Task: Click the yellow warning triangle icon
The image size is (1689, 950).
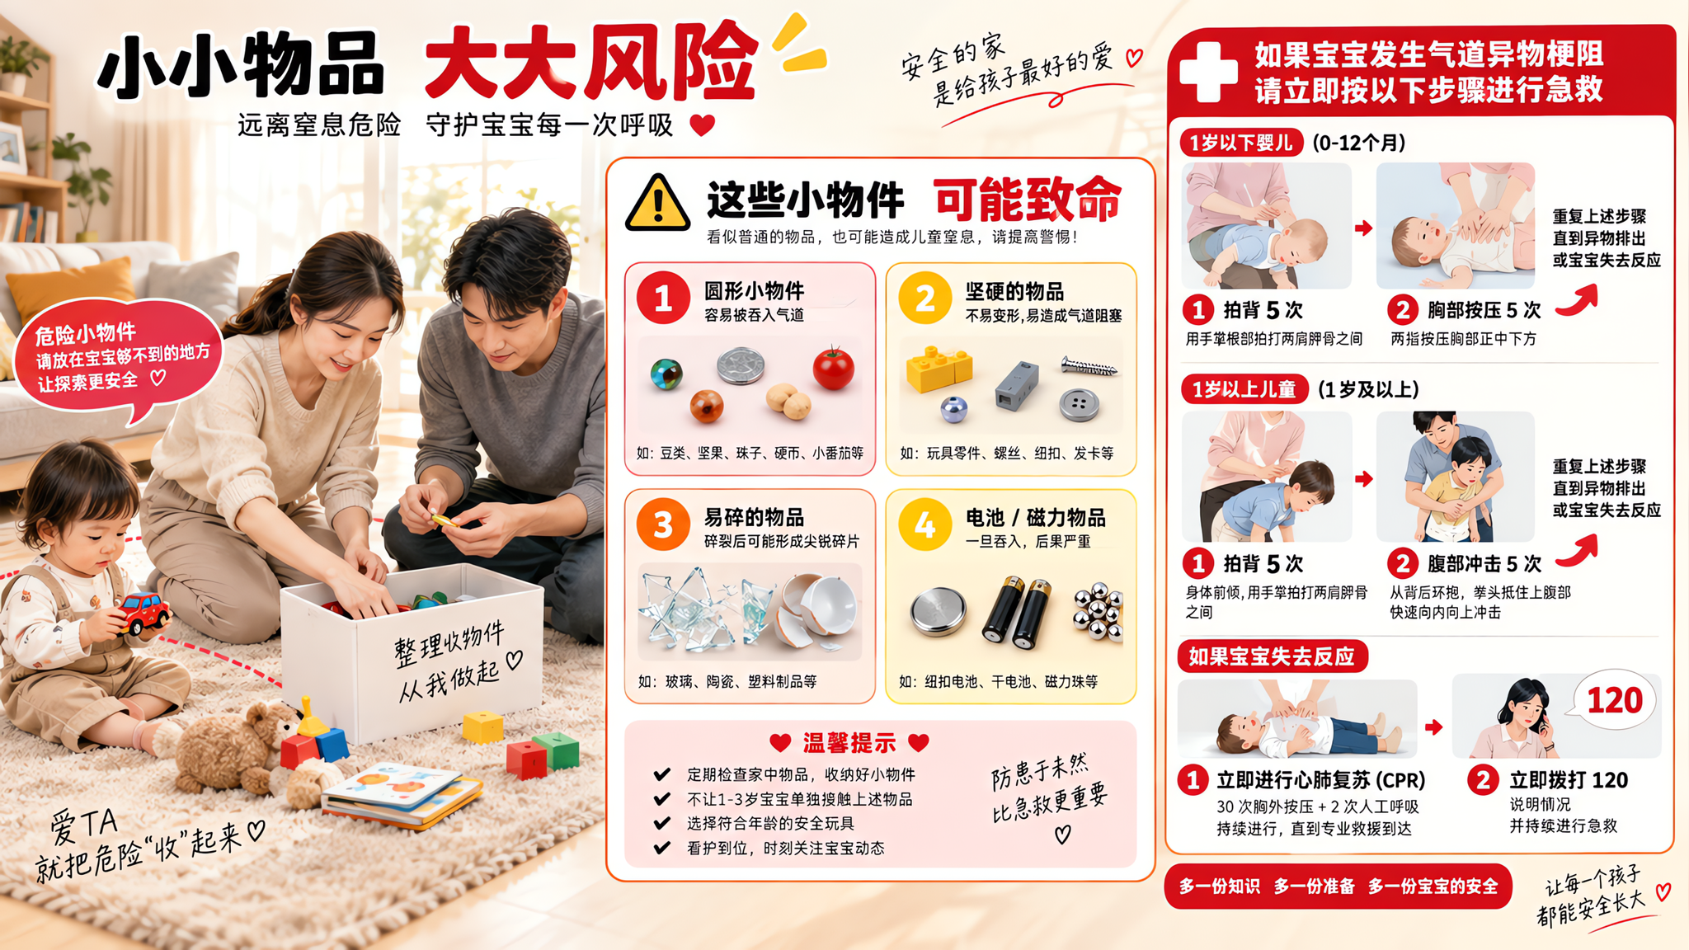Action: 657,203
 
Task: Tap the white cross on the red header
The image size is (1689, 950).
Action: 1208,71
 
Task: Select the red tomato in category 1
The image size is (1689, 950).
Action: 834,368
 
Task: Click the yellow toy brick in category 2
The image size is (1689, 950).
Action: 939,369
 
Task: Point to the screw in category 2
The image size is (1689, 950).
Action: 1089,366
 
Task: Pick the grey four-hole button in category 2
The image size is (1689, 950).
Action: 1080,404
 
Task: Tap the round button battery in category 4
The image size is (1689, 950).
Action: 938,612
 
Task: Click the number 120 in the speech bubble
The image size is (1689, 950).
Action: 1614,700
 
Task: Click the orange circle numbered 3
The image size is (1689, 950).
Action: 663,524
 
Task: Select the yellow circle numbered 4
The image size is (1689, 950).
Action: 924,524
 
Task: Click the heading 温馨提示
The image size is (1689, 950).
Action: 849,743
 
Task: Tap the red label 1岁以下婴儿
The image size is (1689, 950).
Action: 1240,143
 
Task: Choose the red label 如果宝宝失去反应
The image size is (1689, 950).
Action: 1272,656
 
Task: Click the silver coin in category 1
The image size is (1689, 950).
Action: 740,365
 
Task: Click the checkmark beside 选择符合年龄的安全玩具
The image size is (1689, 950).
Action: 661,823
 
